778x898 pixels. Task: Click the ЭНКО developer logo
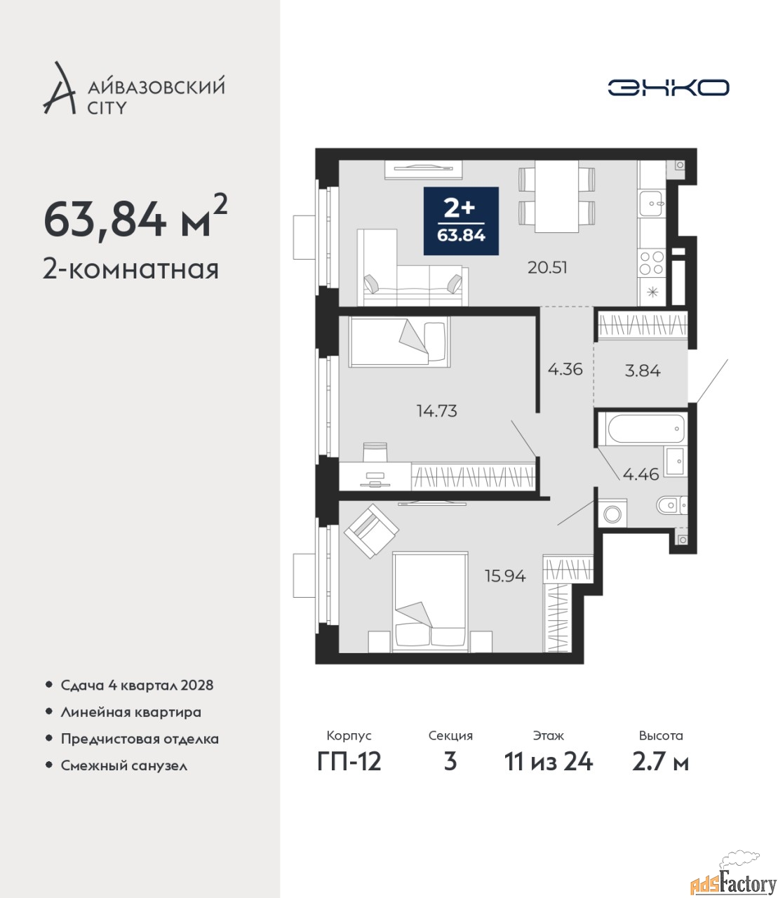[x=668, y=87]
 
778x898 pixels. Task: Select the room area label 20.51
[x=547, y=267]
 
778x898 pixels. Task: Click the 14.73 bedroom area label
[x=437, y=410]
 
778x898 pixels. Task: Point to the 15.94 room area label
[x=505, y=576]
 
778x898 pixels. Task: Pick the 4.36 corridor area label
[x=565, y=369]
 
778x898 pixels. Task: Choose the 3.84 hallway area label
[x=643, y=370]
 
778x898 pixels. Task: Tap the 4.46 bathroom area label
[x=641, y=474]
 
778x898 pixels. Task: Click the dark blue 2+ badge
[x=461, y=221]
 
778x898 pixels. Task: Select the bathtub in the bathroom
[x=642, y=429]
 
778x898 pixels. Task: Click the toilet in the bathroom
[x=671, y=505]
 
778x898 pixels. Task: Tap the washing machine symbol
[x=612, y=513]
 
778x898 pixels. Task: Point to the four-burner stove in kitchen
[x=652, y=263]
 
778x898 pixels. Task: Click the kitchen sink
[x=651, y=203]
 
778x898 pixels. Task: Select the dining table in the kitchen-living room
[x=556, y=196]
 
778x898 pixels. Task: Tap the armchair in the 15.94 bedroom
[x=371, y=531]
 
